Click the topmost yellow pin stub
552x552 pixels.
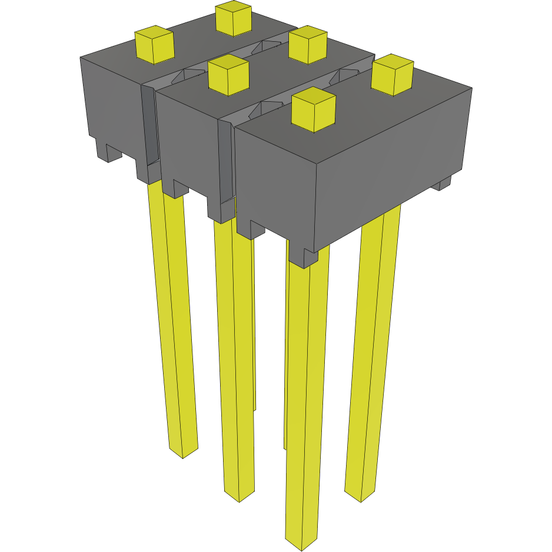(x=234, y=19)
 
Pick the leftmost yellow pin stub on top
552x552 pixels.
(x=154, y=45)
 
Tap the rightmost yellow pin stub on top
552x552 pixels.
(x=391, y=75)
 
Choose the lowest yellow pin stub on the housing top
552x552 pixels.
(x=313, y=110)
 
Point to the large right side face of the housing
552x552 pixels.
(x=394, y=165)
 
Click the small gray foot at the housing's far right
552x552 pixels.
(x=444, y=184)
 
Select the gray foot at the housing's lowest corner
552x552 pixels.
(x=310, y=257)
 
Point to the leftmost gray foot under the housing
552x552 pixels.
(x=108, y=152)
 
